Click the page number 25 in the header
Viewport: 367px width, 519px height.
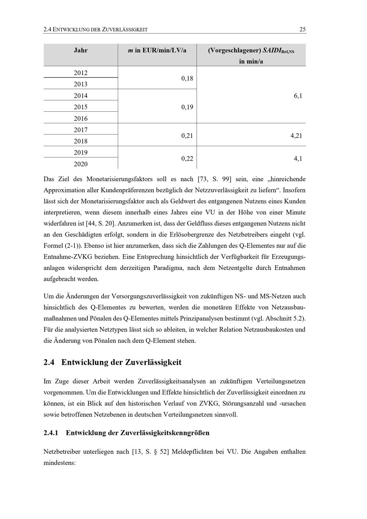pos(302,29)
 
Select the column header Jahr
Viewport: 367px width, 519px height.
pos(81,50)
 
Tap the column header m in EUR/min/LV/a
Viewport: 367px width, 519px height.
pos(157,50)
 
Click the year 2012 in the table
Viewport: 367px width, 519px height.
pos(81,73)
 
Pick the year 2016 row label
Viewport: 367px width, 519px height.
pos(81,118)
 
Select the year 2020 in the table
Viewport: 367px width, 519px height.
pos(81,164)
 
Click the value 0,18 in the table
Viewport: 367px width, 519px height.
pos(187,78)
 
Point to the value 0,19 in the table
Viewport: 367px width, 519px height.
pos(187,107)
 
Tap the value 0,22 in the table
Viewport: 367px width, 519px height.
pos(187,159)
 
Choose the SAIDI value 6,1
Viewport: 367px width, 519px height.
pos(298,96)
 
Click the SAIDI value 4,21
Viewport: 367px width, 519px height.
pos(296,136)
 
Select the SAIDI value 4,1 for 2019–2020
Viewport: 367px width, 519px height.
pos(298,159)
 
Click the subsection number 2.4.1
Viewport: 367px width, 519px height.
pos(51,433)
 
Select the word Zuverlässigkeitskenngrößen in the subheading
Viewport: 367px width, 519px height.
pos(165,433)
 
